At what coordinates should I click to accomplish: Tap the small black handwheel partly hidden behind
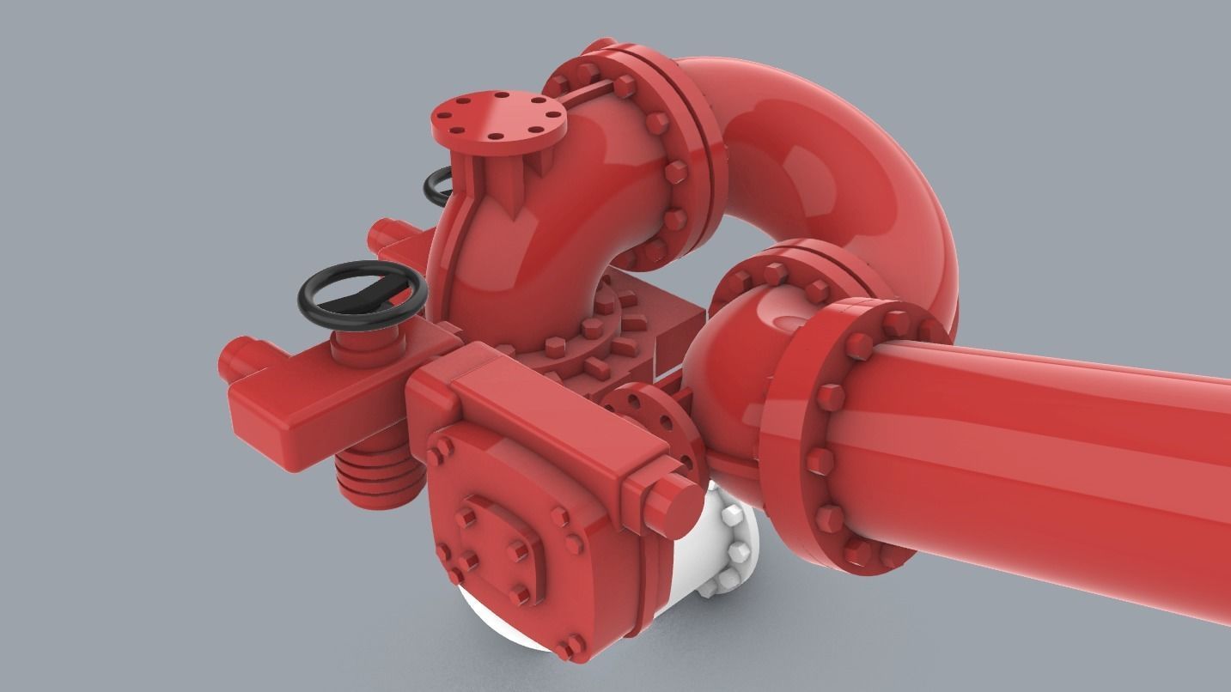point(436,185)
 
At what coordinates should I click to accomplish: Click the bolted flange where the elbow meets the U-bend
point(666,163)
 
